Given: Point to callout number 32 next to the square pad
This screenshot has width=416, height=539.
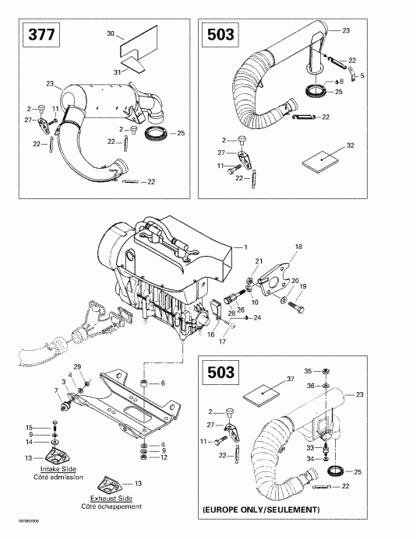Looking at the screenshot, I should coord(350,145).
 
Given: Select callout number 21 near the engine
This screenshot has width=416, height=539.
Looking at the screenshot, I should coord(260,261).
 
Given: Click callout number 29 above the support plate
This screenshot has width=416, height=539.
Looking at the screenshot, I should coord(76,366).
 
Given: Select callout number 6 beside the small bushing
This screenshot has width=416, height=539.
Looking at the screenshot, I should coord(163,383).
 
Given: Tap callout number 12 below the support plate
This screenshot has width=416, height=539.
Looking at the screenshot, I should coord(163,457).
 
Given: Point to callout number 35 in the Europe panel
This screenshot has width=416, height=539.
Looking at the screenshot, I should coord(307,370).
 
